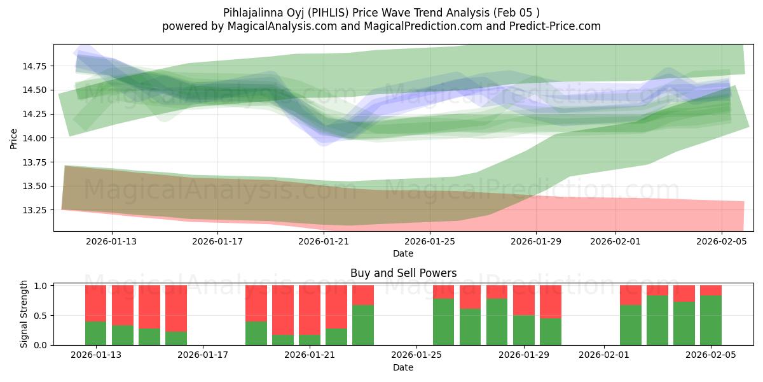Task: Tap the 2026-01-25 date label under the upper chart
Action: click(x=430, y=242)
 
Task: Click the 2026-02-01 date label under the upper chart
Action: click(x=615, y=242)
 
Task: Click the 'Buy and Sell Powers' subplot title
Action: click(x=403, y=273)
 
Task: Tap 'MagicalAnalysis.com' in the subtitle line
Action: click(x=277, y=26)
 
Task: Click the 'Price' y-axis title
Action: click(x=14, y=138)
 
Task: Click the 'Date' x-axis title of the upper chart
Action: click(x=403, y=253)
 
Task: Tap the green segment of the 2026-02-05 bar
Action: click(x=711, y=320)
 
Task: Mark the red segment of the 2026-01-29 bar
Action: click(x=524, y=301)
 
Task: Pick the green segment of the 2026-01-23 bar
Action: click(x=363, y=325)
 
